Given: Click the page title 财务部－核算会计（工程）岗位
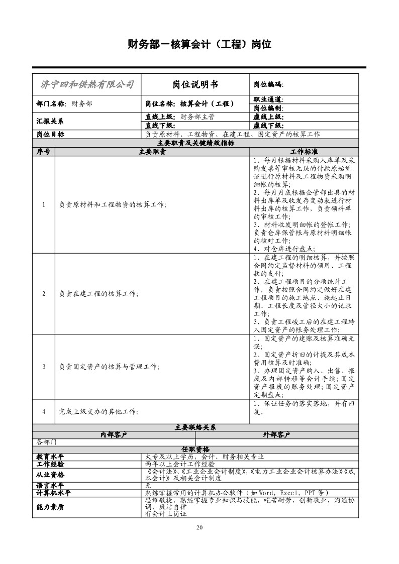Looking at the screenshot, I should point(199,45).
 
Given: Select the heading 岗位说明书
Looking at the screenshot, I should point(195,84).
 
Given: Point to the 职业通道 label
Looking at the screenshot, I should point(268,99).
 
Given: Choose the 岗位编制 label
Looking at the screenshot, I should point(268,108).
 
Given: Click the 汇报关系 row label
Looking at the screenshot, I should point(50,121).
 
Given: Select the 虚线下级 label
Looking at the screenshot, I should point(268,126).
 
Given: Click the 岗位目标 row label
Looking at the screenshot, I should point(50,134).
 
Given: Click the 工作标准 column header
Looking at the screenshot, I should point(304,151).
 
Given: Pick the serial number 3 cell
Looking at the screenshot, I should point(44,367).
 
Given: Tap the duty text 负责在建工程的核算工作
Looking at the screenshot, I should point(98,294).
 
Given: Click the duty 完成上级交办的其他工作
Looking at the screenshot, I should point(98,411).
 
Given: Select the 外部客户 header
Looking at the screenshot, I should point(276,434).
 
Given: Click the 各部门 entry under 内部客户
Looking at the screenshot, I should point(47,442).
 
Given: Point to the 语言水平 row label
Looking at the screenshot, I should point(50,486).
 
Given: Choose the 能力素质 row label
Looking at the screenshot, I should point(50,507).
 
